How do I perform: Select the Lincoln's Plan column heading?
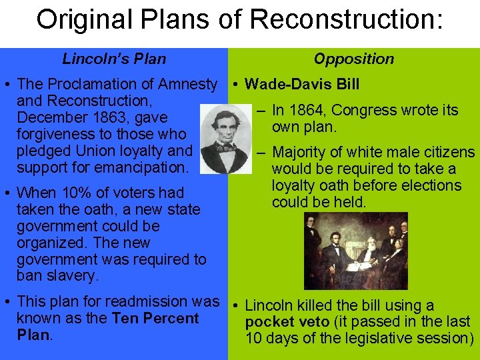tap(114, 59)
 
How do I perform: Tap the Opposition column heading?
tap(353, 59)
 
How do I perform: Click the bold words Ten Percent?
tap(155, 318)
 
